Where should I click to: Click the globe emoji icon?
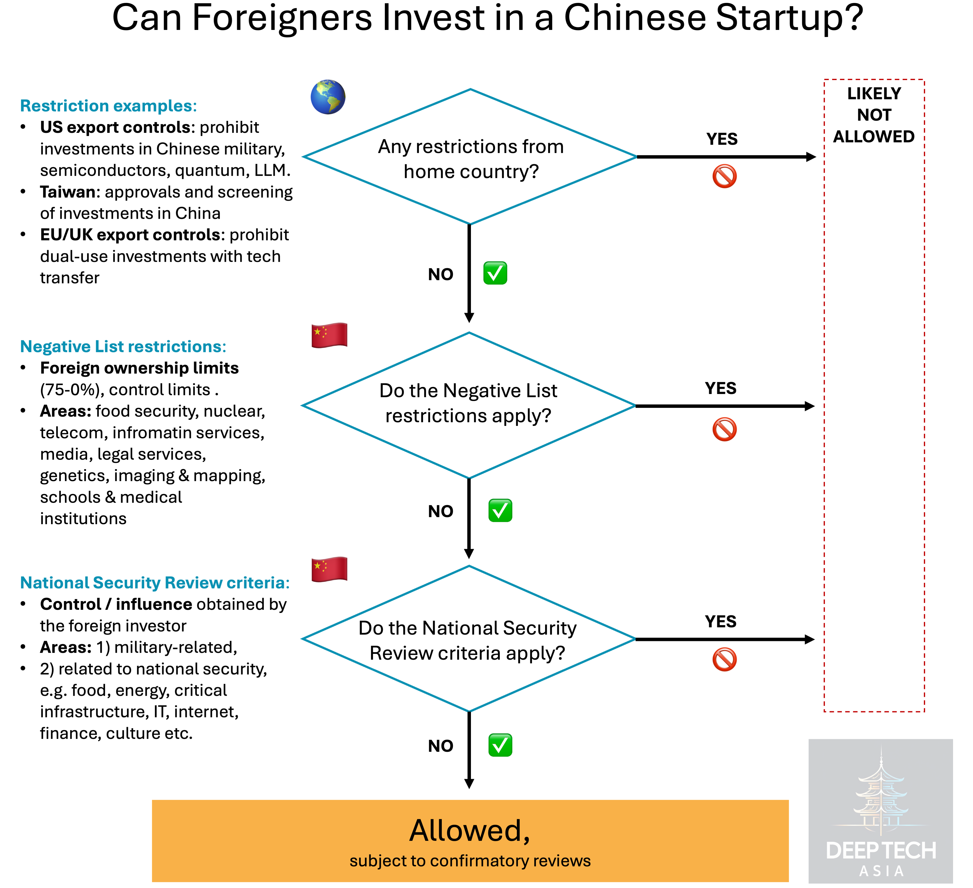328,97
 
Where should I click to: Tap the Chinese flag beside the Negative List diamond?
329,335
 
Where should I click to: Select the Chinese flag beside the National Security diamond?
329,569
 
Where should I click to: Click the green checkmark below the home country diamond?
495,273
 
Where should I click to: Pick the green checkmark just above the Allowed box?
500,745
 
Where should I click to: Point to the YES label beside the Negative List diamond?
721,388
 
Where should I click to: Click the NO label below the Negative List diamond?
441,511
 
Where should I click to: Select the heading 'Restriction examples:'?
108,106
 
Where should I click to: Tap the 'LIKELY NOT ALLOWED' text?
874,115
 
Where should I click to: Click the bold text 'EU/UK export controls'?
130,235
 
